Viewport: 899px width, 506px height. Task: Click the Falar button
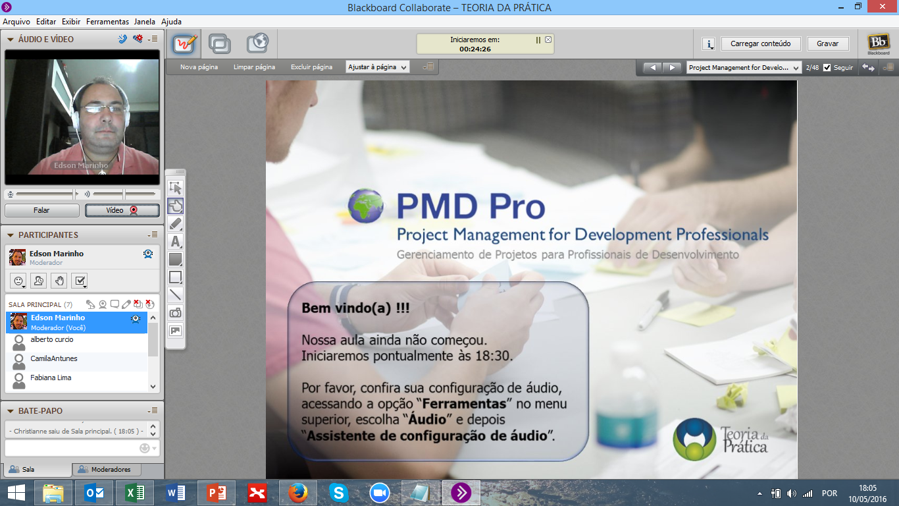41,210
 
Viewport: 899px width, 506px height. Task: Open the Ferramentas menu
107,22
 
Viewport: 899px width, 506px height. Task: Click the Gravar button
827,43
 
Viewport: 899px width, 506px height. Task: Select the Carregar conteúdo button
761,43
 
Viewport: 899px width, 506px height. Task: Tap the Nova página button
199,67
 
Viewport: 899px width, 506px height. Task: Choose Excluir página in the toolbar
311,67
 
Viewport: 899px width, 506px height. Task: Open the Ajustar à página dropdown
377,67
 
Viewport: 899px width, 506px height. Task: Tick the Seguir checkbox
827,67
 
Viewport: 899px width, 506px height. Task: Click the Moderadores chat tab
107,469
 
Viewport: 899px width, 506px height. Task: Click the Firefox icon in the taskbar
297,493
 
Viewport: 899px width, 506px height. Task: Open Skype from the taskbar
339,493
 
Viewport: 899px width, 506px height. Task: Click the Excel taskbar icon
135,493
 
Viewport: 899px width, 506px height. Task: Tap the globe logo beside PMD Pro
366,206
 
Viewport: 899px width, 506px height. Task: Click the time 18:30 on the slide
494,356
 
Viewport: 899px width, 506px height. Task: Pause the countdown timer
538,40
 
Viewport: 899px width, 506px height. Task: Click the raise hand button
59,281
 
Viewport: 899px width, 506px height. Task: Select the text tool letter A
175,242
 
